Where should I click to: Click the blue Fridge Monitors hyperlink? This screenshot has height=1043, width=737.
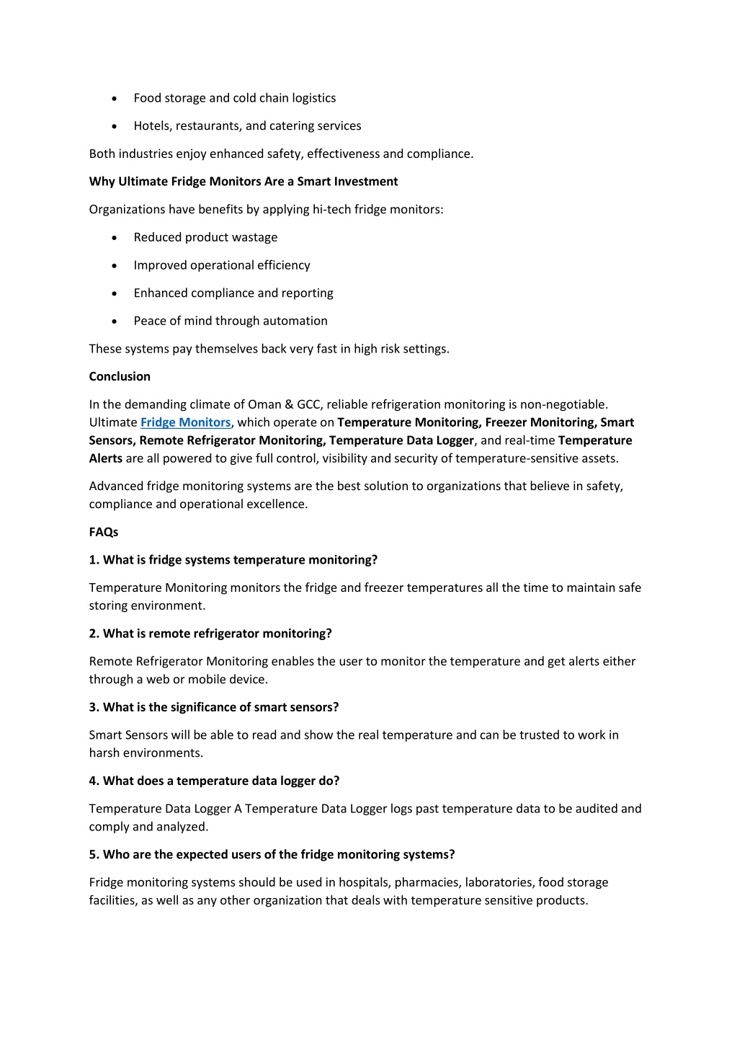185,422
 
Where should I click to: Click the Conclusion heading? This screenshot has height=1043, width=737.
120,376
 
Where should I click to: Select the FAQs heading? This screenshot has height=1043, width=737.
104,532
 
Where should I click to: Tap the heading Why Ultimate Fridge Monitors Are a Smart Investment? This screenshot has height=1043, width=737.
244,182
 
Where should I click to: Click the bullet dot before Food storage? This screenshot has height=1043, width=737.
115,99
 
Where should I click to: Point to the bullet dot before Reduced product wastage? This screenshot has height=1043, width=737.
115,238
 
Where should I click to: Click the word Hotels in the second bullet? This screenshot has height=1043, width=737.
151,126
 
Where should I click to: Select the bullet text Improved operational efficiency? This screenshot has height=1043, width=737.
222,265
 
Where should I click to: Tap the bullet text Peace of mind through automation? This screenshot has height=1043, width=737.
231,321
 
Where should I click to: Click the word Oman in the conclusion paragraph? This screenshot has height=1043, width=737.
264,404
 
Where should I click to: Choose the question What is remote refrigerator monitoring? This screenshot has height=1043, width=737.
218,634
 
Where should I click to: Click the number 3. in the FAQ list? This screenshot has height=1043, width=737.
94,707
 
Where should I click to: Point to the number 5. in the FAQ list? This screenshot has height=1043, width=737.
94,854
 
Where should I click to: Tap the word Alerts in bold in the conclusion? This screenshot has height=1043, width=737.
106,458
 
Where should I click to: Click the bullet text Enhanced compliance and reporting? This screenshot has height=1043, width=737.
233,293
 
